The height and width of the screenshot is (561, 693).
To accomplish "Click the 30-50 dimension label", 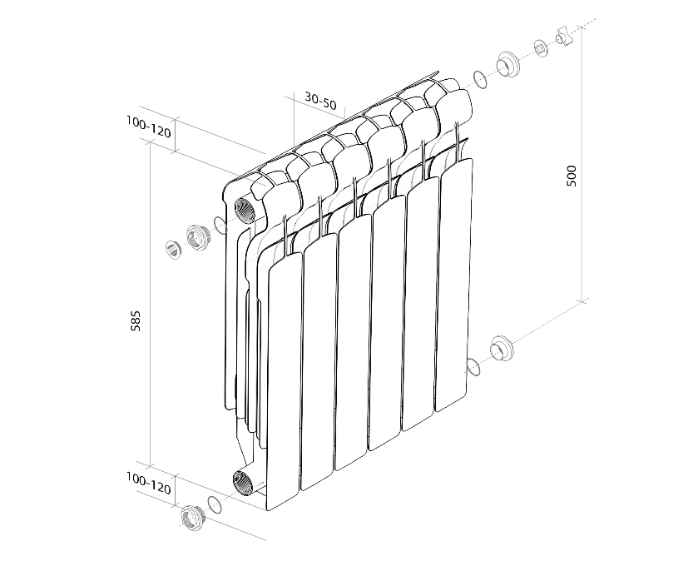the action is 320,101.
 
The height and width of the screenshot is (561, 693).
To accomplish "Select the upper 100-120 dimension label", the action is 148,127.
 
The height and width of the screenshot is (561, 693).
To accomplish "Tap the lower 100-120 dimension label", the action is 148,484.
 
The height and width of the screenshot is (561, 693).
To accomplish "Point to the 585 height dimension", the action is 136,321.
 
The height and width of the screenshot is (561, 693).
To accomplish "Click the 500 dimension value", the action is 572,176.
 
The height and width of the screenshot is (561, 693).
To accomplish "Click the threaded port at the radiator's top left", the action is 245,211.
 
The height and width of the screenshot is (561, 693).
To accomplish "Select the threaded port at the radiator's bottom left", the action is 243,483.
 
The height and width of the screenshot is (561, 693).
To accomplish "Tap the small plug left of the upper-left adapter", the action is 174,250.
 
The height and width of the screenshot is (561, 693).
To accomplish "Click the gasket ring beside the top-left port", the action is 220,225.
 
